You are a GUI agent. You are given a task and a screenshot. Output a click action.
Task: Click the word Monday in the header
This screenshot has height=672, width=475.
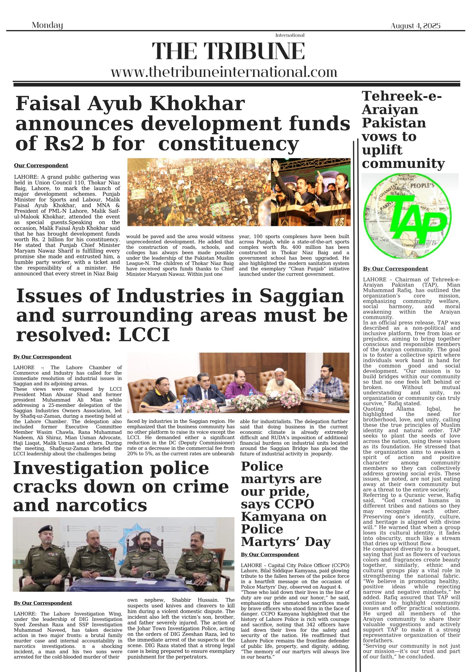point(47,25)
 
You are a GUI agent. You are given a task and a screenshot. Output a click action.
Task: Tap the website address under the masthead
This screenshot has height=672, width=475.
point(224,72)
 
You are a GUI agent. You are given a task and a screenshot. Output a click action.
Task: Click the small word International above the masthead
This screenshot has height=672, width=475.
point(290,35)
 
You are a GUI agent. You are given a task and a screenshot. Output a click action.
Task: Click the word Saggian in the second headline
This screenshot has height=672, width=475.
point(302,296)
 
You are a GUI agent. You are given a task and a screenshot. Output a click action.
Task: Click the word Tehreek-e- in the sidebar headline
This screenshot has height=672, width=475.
point(402,96)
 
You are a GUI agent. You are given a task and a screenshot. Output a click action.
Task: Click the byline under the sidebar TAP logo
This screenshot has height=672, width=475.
point(395,269)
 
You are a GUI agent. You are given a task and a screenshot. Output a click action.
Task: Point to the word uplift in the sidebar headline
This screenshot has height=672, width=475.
point(382,150)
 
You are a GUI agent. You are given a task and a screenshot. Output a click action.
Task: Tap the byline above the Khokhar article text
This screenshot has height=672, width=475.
point(41,166)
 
